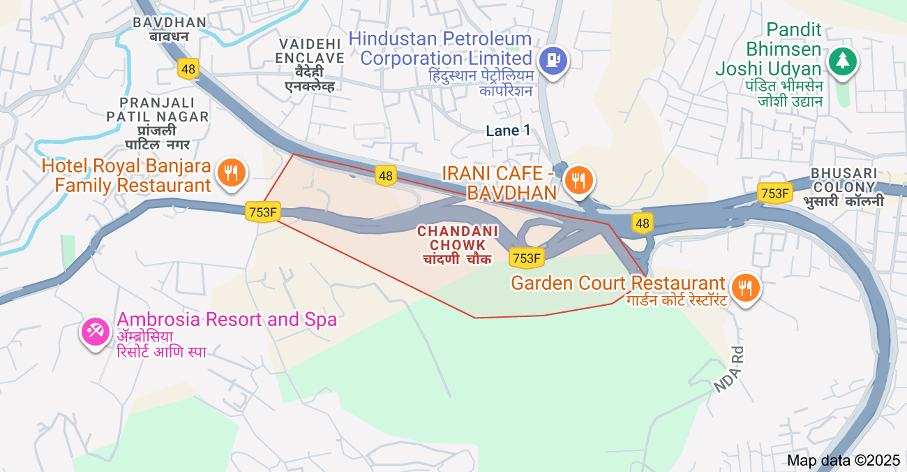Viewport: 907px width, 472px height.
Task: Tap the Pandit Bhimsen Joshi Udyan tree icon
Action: pos(843,61)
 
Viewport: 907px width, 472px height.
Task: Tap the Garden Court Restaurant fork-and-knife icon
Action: pos(746,287)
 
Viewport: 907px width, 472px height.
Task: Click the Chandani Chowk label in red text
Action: pos(458,238)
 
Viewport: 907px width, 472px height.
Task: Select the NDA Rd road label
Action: pos(730,369)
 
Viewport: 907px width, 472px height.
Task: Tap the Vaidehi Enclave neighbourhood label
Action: pos(310,51)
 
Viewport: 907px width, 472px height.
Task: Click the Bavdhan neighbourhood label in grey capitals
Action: pos(170,22)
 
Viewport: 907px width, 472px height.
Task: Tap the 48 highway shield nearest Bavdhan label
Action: pos(188,68)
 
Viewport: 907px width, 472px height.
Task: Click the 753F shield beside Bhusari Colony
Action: pos(774,193)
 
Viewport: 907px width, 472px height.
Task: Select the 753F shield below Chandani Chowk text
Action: pos(527,258)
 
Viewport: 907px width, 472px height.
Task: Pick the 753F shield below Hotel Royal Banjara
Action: pos(263,212)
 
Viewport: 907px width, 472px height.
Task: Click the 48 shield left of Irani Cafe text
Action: pos(386,175)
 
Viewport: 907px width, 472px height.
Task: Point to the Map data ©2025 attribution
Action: pos(844,461)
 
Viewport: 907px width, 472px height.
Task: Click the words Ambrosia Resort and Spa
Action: pos(227,320)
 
